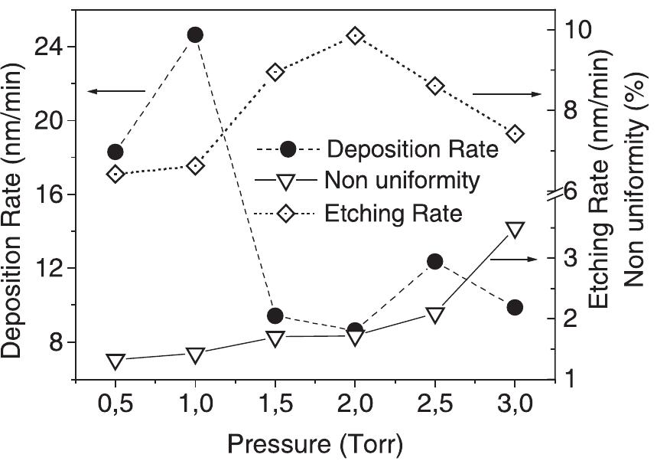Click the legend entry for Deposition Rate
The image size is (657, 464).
pyautogui.click(x=411, y=148)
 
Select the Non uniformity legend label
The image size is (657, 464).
pyautogui.click(x=402, y=181)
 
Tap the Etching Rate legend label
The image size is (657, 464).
pyautogui.click(x=393, y=213)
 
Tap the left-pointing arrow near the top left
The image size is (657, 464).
pyautogui.click(x=115, y=92)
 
